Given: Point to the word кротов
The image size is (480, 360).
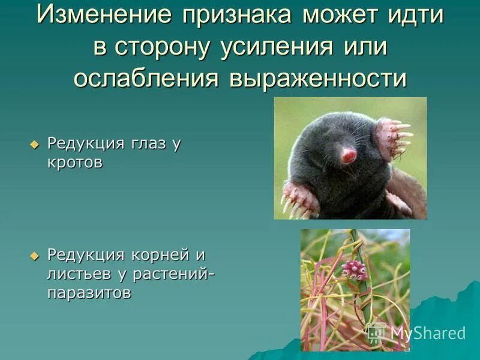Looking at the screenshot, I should point(74,163).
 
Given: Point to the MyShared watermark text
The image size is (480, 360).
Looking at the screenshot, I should point(427,333).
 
